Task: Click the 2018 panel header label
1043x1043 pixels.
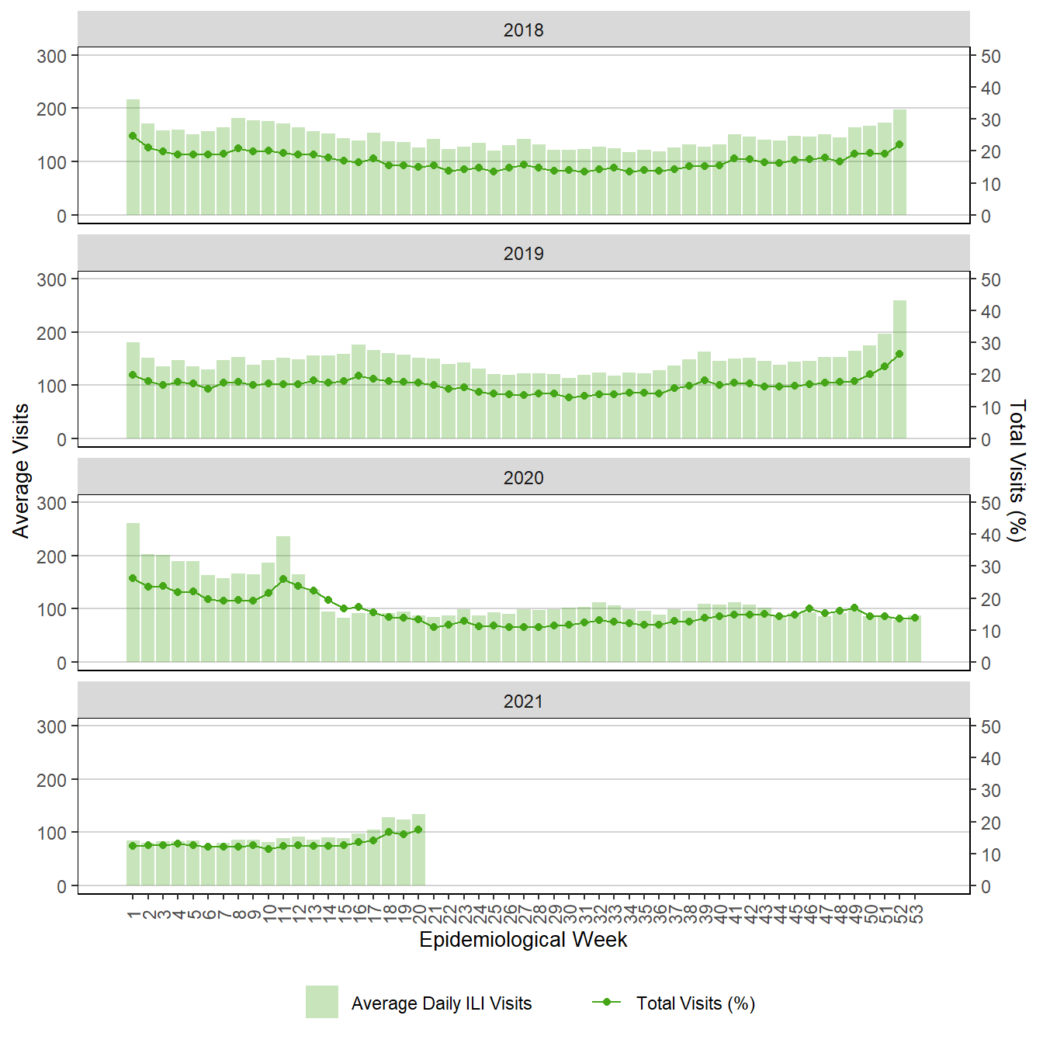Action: [x=523, y=30]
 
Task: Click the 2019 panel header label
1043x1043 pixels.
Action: [x=523, y=254]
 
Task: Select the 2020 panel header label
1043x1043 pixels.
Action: [x=523, y=478]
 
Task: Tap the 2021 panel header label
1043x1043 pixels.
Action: [x=523, y=702]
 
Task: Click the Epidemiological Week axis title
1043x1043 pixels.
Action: [x=523, y=940]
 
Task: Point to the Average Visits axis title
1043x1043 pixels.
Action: [x=21, y=470]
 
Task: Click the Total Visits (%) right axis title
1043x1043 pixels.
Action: [x=1017, y=470]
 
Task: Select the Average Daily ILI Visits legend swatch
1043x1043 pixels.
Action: [x=321, y=1002]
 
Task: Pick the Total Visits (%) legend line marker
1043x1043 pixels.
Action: [x=607, y=1002]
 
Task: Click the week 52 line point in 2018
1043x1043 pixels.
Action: [x=900, y=144]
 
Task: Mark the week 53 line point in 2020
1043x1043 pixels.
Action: [x=915, y=619]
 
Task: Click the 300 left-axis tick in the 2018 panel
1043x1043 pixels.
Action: [x=52, y=56]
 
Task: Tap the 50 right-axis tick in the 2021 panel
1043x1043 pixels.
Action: [x=990, y=727]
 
